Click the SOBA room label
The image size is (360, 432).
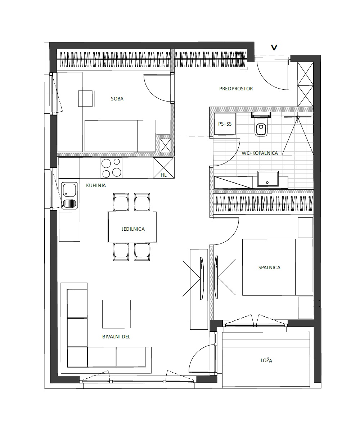[117, 99]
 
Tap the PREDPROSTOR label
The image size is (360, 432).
[236, 89]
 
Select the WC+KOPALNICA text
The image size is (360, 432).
[260, 153]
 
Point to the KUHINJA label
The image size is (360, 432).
[96, 185]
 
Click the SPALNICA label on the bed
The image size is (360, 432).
[269, 267]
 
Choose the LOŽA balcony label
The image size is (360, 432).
[266, 360]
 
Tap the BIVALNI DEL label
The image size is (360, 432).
[116, 337]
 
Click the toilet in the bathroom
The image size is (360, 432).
[261, 127]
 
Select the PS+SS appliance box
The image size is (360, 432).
[225, 124]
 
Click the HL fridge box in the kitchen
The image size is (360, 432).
[164, 168]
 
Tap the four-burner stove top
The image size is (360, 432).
[112, 168]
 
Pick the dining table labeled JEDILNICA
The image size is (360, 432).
[132, 227]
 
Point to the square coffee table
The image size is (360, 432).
[117, 314]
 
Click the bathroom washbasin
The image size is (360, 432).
[268, 179]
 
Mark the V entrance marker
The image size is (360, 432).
[274, 48]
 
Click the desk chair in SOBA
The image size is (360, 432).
[86, 99]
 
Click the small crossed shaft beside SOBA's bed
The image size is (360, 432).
[166, 146]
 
